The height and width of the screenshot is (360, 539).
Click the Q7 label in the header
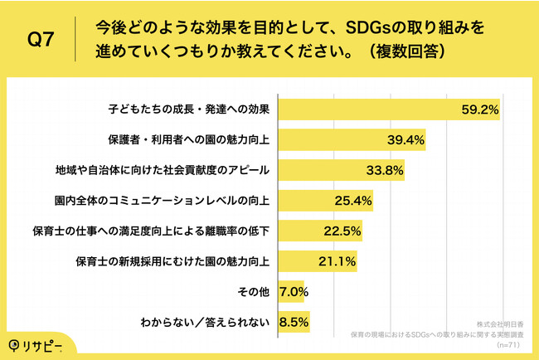coord(41,40)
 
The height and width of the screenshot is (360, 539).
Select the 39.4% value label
coord(405,139)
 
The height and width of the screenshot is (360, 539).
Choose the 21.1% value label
coord(336,262)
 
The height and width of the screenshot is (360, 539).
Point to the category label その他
coord(255,293)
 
